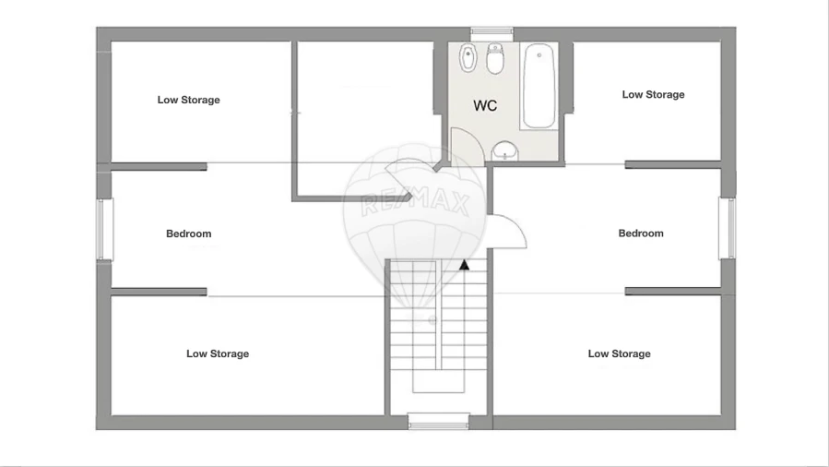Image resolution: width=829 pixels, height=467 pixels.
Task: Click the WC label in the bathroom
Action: pyautogui.click(x=485, y=106)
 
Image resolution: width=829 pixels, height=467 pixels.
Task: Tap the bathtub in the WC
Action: pyautogui.click(x=538, y=87)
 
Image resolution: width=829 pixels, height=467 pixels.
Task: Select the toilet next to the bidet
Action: pyautogui.click(x=495, y=60)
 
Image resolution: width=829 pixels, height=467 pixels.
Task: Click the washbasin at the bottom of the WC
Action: pyautogui.click(x=503, y=150)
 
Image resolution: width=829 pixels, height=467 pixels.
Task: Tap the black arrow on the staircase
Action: pyautogui.click(x=466, y=266)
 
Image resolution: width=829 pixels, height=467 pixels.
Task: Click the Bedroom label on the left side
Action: pyautogui.click(x=189, y=233)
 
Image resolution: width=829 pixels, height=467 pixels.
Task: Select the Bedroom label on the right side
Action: pyautogui.click(x=641, y=233)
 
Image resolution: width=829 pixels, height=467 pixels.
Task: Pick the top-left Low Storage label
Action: pyautogui.click(x=189, y=100)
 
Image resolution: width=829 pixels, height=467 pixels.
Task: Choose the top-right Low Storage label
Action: pyautogui.click(x=653, y=94)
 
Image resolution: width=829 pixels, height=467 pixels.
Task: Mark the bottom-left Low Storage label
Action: pyautogui.click(x=218, y=353)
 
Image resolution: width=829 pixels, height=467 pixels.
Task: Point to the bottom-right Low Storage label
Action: pyautogui.click(x=619, y=353)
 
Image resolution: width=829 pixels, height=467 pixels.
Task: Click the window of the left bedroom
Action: pyautogui.click(x=105, y=229)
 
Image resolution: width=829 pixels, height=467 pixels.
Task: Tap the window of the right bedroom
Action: pyautogui.click(x=727, y=229)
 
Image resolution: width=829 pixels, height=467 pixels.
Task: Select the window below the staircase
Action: pyautogui.click(x=439, y=422)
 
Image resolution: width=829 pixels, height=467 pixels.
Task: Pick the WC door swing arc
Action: pyautogui.click(x=467, y=148)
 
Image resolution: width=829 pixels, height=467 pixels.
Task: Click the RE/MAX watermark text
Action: pyautogui.click(x=415, y=201)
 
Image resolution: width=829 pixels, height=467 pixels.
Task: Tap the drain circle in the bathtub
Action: pyautogui.click(x=538, y=54)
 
